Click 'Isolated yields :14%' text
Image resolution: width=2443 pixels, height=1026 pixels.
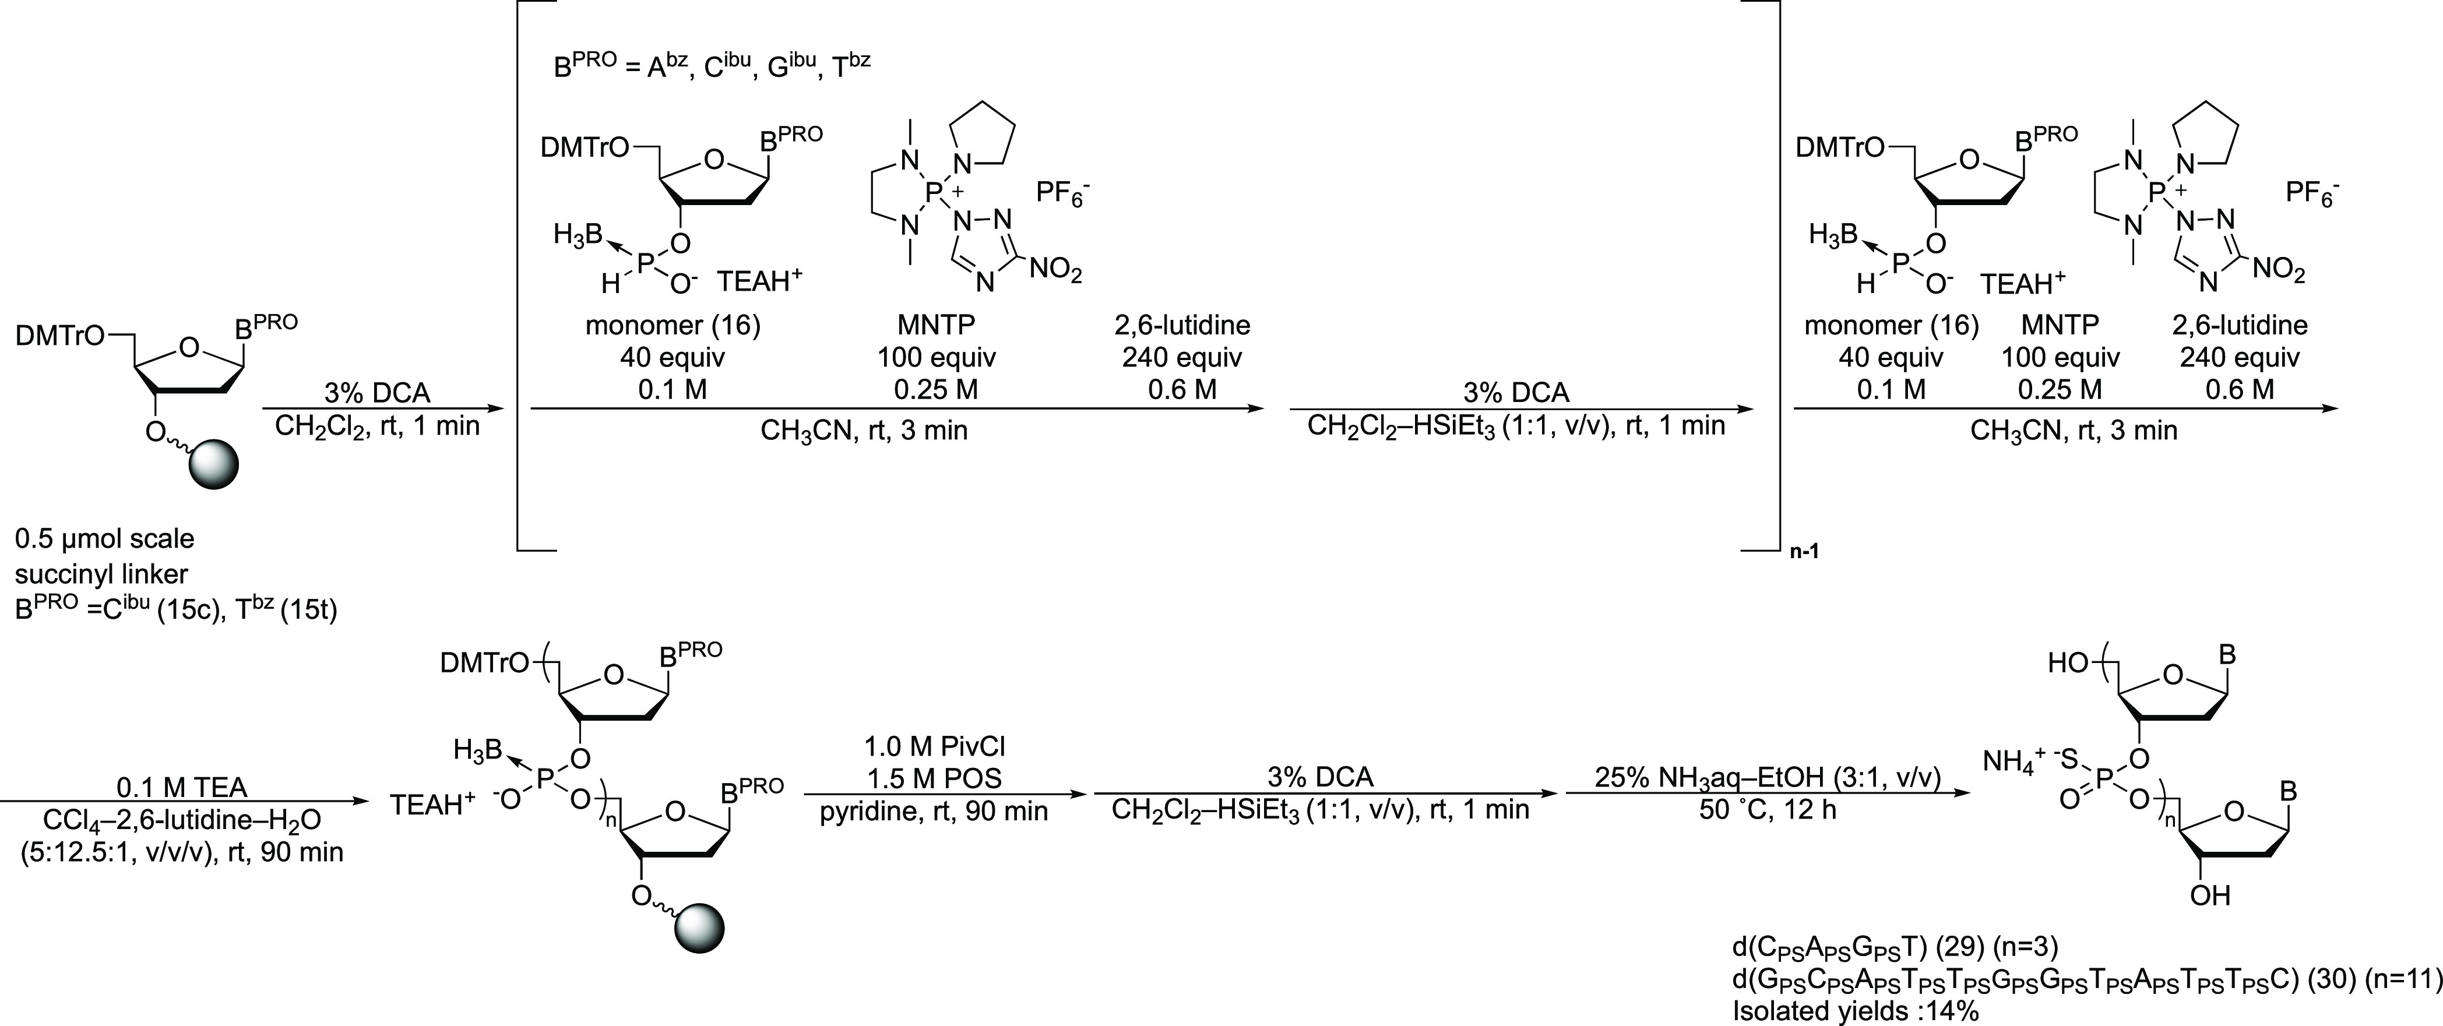click(x=1855, y=1011)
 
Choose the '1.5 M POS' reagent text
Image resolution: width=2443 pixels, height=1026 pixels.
click(x=935, y=778)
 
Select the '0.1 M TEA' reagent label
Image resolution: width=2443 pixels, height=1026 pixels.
click(x=181, y=788)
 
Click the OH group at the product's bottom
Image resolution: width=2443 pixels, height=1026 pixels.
click(x=2210, y=895)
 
